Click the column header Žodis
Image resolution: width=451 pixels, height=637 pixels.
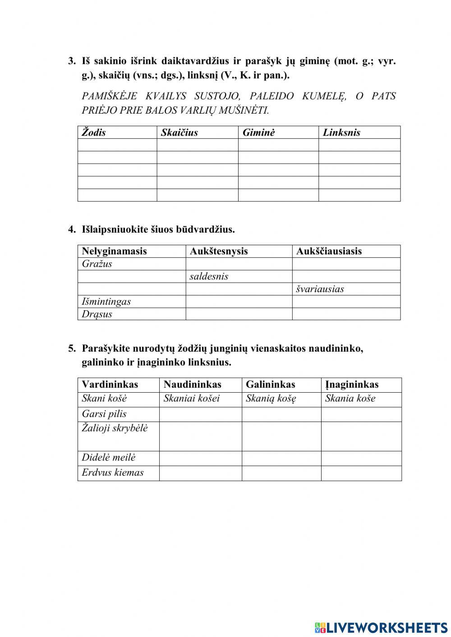94,133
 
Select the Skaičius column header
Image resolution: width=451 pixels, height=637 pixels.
179,133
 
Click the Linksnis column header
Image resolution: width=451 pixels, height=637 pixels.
341,133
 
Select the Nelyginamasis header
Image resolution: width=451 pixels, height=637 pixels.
114,252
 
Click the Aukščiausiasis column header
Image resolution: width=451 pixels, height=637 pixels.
329,252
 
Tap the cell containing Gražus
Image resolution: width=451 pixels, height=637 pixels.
97,264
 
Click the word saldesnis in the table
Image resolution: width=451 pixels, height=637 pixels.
209,277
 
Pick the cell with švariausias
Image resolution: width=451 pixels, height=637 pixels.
320,289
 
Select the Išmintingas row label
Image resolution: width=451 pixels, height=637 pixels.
106,302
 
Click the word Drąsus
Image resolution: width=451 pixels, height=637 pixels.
97,314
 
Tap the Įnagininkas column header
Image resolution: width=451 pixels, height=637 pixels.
352,385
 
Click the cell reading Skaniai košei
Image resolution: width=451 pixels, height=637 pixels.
192,399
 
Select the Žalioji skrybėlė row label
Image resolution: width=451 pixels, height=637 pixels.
115,428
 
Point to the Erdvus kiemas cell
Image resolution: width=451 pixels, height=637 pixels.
113,473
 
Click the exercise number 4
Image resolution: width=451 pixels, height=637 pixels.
72,229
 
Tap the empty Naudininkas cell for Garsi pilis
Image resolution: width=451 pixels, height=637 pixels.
200,414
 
